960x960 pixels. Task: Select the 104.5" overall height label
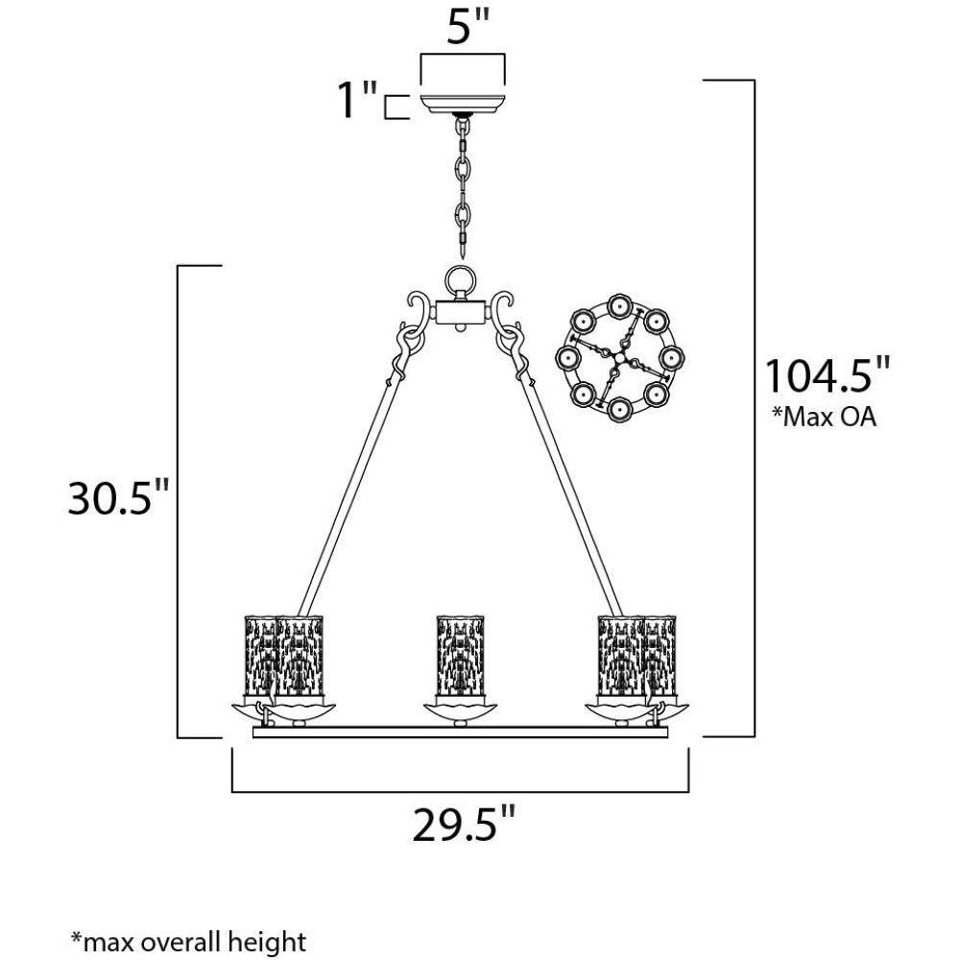[x=827, y=375]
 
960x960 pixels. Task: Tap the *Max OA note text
[x=824, y=417]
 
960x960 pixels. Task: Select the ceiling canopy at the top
[x=463, y=104]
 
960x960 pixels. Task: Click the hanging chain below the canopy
[x=463, y=187]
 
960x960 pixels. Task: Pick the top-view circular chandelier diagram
[x=619, y=357]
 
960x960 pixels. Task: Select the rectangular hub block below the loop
[x=462, y=312]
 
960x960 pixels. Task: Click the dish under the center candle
[x=460, y=711]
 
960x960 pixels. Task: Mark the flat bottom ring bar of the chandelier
[x=461, y=732]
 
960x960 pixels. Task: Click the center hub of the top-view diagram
[x=619, y=357]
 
